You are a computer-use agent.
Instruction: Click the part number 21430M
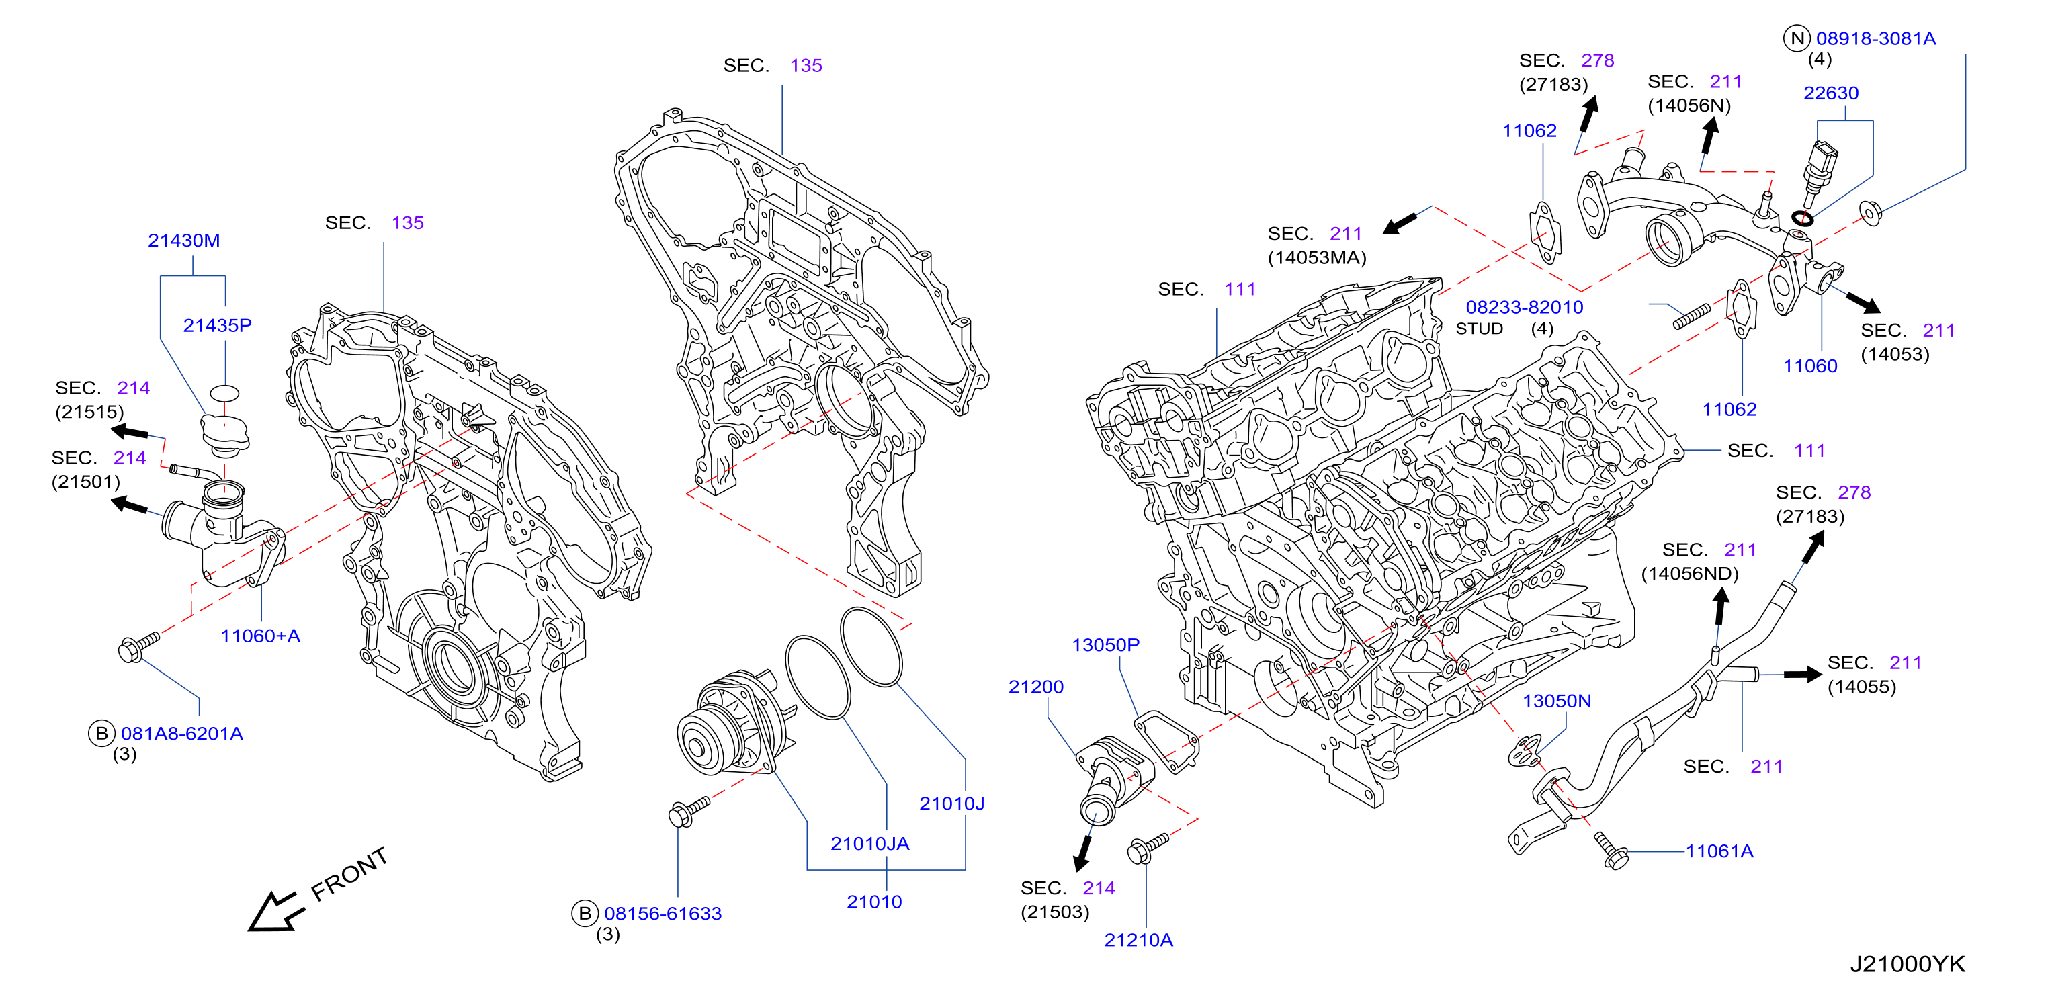184,241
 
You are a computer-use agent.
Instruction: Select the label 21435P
217,325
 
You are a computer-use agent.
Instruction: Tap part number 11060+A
260,636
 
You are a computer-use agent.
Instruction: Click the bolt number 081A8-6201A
182,734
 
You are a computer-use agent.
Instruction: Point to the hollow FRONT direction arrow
275,911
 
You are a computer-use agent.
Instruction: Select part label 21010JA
870,843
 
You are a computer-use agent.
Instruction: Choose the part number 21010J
952,804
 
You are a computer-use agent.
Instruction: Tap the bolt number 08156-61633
663,914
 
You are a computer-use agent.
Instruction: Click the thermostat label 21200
1036,687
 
